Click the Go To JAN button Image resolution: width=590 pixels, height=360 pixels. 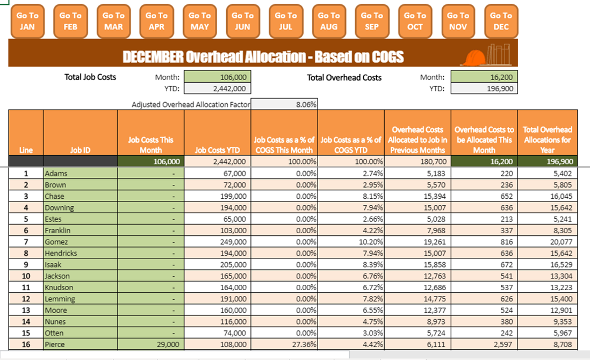[x=27, y=21]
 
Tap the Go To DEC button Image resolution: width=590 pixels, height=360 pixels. [x=501, y=21]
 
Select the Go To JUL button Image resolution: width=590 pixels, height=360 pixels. [x=285, y=21]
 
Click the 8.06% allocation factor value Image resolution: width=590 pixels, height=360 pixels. [x=284, y=105]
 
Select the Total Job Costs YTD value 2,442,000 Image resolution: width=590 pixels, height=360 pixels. [x=218, y=89]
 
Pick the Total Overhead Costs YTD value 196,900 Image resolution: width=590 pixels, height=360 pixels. [x=484, y=89]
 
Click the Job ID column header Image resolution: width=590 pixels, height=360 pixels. [x=80, y=150]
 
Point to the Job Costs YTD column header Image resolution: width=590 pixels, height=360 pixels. [x=217, y=150]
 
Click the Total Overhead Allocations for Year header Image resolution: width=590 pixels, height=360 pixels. [x=547, y=139]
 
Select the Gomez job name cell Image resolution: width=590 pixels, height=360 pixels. [x=80, y=242]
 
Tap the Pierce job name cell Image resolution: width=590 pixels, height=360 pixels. [x=80, y=344]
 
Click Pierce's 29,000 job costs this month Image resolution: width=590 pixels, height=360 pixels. [x=151, y=344]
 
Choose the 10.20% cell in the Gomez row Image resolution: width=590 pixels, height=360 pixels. [x=351, y=242]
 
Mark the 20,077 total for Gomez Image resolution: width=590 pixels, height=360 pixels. [x=547, y=242]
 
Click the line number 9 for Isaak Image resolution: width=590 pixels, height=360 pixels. [x=26, y=264]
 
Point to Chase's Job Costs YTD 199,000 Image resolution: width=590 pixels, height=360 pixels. [x=217, y=196]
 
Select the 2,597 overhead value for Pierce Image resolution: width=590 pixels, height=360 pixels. [x=484, y=344]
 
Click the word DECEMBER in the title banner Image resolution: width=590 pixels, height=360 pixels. [x=153, y=56]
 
